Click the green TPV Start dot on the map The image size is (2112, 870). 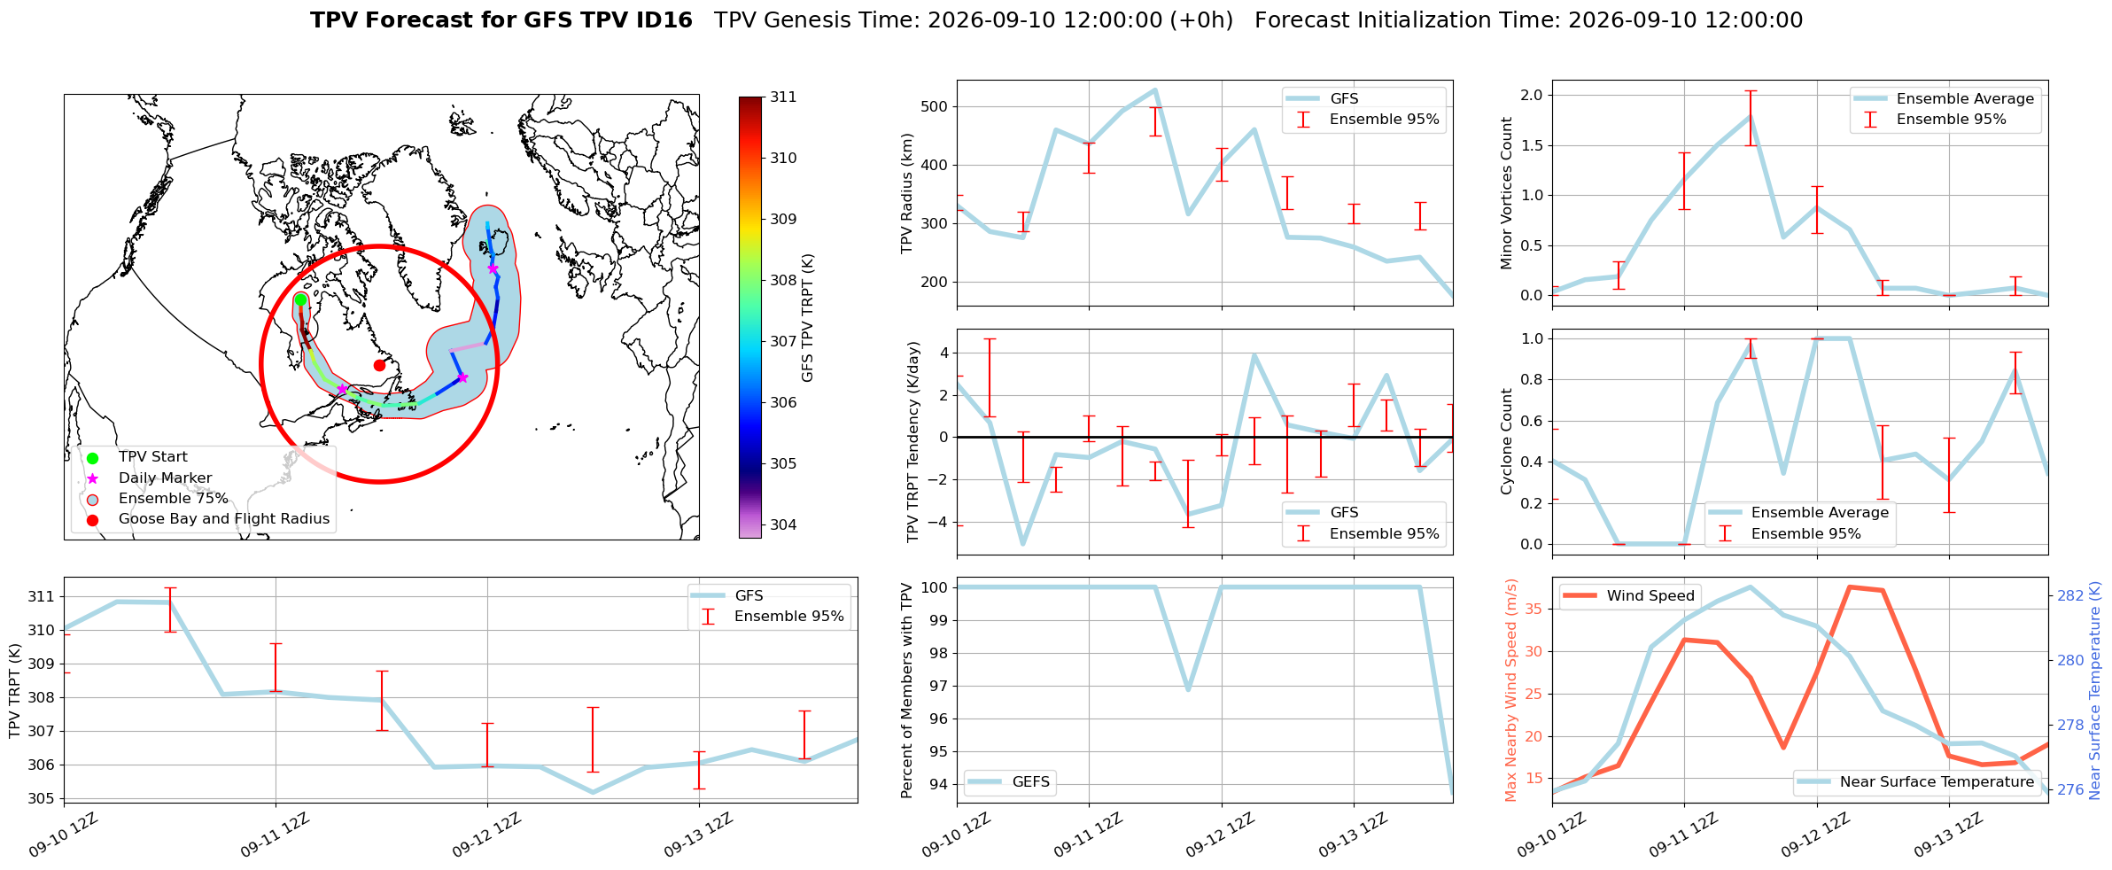300,299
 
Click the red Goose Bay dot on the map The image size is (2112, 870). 379,365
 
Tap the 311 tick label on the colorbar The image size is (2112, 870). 783,97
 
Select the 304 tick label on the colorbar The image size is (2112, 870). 783,524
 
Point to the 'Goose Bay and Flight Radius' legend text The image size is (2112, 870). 224,519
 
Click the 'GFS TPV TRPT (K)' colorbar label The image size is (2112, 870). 807,318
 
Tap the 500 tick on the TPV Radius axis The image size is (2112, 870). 936,106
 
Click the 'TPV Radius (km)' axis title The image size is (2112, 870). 906,193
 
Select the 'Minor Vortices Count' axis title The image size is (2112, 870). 1506,193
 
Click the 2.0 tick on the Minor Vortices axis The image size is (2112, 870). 1531,95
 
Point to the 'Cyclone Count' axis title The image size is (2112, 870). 1506,441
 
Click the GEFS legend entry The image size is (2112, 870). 1010,782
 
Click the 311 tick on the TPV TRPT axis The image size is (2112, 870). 41,596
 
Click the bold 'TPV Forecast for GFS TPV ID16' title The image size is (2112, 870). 501,20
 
